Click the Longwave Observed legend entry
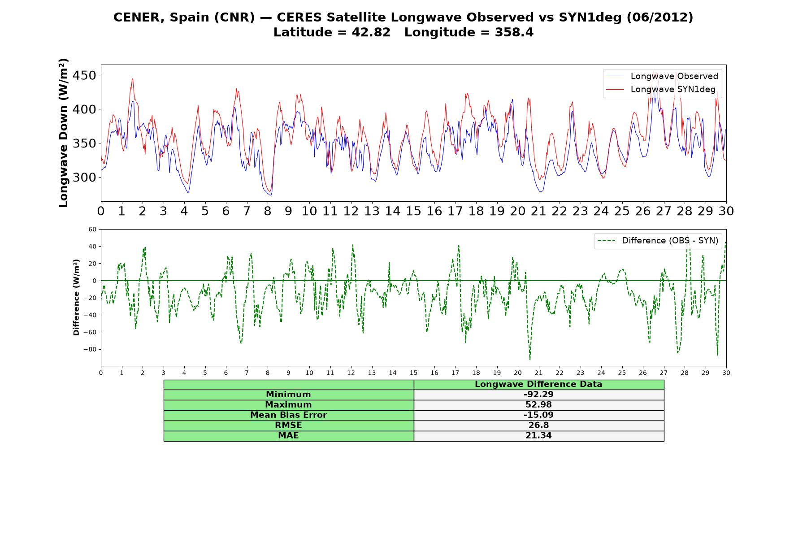[662, 76]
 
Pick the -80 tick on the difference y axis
[90, 349]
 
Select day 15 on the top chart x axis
[413, 211]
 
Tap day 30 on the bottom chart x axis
[726, 373]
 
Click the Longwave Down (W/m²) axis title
[64, 133]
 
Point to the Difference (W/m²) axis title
[76, 297]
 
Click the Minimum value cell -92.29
[538, 395]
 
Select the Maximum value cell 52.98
[538, 405]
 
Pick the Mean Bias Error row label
[288, 415]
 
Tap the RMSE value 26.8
[538, 425]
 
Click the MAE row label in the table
[288, 436]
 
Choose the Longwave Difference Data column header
[538, 384]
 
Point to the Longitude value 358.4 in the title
[514, 33]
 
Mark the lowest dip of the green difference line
[530, 360]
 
